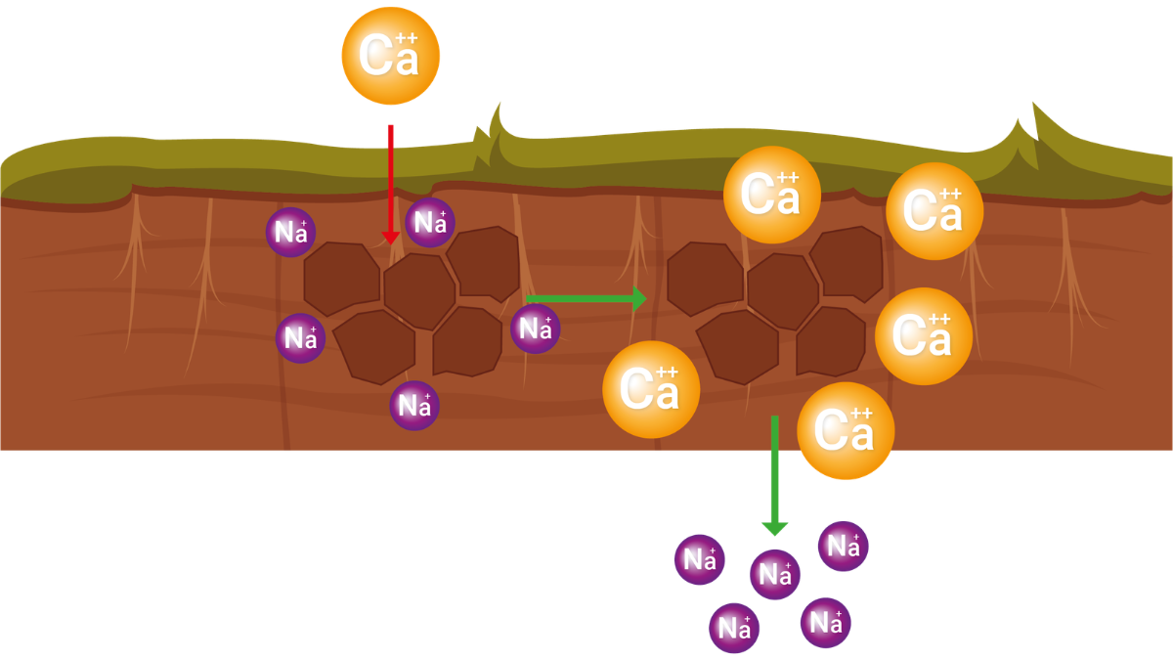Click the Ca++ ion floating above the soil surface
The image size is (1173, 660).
[x=391, y=57]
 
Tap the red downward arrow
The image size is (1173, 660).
[x=391, y=186]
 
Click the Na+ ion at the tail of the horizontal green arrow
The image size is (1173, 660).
[x=535, y=328]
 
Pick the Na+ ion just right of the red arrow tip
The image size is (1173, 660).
[x=430, y=223]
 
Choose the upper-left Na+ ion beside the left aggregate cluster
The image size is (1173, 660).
[x=290, y=232]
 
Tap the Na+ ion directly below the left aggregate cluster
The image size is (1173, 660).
[x=414, y=405]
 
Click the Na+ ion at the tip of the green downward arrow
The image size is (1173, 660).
[x=774, y=574]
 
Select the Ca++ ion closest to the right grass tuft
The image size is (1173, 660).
[x=934, y=211]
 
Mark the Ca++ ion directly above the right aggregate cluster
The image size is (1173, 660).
[x=771, y=195]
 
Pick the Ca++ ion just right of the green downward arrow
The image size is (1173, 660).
[x=846, y=430]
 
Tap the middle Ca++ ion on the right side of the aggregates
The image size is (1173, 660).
[x=923, y=335]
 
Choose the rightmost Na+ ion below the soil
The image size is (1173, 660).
[x=843, y=547]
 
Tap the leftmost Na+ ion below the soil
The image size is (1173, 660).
[x=700, y=559]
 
